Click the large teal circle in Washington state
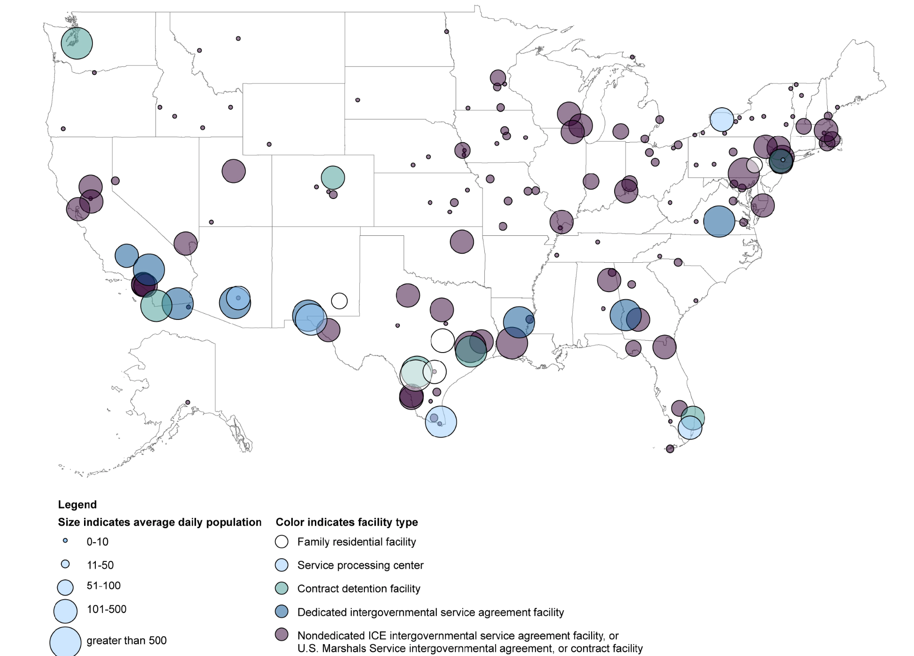click(x=76, y=43)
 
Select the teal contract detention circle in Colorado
click(x=333, y=178)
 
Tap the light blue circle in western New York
click(x=722, y=120)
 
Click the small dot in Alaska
click(x=187, y=403)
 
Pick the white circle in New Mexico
click(x=339, y=301)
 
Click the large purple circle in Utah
click(x=234, y=171)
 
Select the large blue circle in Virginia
click(x=719, y=221)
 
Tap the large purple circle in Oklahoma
click(x=462, y=242)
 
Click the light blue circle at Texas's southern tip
click(x=441, y=422)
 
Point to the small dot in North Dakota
click(x=447, y=32)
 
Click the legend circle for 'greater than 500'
click(x=65, y=641)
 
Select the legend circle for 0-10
click(x=65, y=541)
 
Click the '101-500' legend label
click(x=107, y=609)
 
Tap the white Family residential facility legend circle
click(x=282, y=542)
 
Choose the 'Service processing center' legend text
click(x=360, y=565)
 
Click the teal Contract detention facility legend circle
click(x=282, y=588)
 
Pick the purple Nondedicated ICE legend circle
click(x=282, y=635)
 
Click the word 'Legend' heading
click(x=77, y=504)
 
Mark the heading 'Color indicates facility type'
click(x=347, y=522)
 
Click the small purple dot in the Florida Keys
click(x=670, y=449)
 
